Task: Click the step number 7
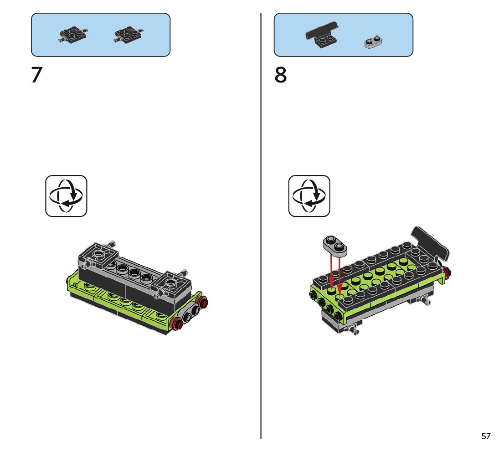pyautogui.click(x=36, y=75)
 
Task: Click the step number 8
pyautogui.click(x=281, y=75)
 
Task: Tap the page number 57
pyautogui.click(x=486, y=437)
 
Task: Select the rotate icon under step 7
pyautogui.click(x=66, y=196)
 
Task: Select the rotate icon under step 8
pyautogui.click(x=309, y=196)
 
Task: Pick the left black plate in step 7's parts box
pyautogui.click(x=73, y=35)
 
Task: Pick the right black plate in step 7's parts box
pyautogui.click(x=128, y=35)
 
